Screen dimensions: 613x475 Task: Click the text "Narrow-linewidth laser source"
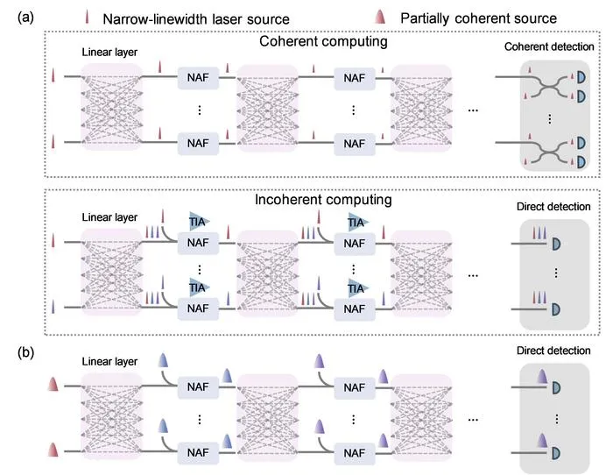196,18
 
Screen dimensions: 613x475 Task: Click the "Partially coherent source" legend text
478,18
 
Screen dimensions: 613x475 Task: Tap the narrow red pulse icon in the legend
87,17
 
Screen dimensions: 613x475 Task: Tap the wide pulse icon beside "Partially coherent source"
380,17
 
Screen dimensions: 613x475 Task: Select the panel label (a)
25,18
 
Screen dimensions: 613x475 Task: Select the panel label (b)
25,352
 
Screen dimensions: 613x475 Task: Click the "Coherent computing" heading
323,41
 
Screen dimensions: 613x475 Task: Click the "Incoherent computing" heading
323,199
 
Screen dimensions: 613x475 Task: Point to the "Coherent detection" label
549,46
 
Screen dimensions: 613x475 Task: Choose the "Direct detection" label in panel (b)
553,351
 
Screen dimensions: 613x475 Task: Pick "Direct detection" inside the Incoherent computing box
553,206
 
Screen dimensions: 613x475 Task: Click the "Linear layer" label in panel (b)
109,361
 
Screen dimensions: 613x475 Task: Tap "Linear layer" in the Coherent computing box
109,52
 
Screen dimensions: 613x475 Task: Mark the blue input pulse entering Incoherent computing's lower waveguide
53,307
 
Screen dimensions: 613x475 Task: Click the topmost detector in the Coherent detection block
581,77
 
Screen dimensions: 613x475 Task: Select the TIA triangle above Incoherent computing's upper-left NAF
198,222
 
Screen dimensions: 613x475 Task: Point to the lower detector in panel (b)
556,453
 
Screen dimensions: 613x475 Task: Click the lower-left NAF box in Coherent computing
198,143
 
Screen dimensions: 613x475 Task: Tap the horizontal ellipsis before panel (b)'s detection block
473,420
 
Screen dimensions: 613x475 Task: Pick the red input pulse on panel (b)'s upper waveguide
53,384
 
